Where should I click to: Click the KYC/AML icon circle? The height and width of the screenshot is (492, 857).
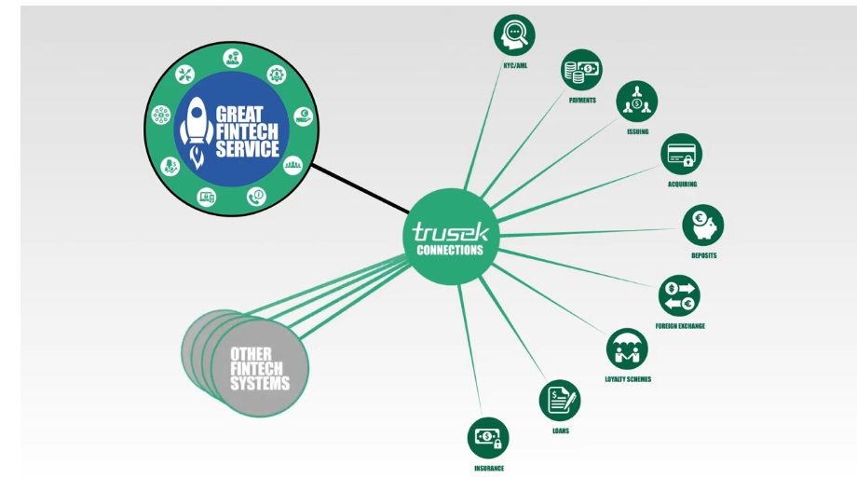[x=514, y=34]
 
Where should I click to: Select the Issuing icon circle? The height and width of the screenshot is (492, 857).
[x=636, y=102]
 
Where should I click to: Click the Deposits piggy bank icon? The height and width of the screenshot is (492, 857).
[x=703, y=225]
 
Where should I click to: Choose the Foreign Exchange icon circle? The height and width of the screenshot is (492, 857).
[x=679, y=296]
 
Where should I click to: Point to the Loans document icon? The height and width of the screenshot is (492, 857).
[x=559, y=401]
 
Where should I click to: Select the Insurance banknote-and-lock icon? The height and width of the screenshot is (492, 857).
[x=489, y=437]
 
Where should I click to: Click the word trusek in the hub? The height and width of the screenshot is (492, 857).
[x=451, y=230]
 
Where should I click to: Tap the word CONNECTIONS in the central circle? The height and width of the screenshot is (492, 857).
[x=451, y=250]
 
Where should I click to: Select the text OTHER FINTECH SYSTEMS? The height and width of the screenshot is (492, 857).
[x=260, y=368]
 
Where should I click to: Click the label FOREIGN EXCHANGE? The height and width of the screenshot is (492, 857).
[x=680, y=326]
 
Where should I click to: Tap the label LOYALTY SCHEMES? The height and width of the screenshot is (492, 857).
[x=628, y=379]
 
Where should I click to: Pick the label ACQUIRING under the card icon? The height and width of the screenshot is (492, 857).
[x=682, y=184]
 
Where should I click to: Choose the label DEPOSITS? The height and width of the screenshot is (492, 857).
[x=704, y=255]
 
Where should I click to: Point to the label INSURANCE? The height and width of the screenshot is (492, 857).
[x=489, y=468]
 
